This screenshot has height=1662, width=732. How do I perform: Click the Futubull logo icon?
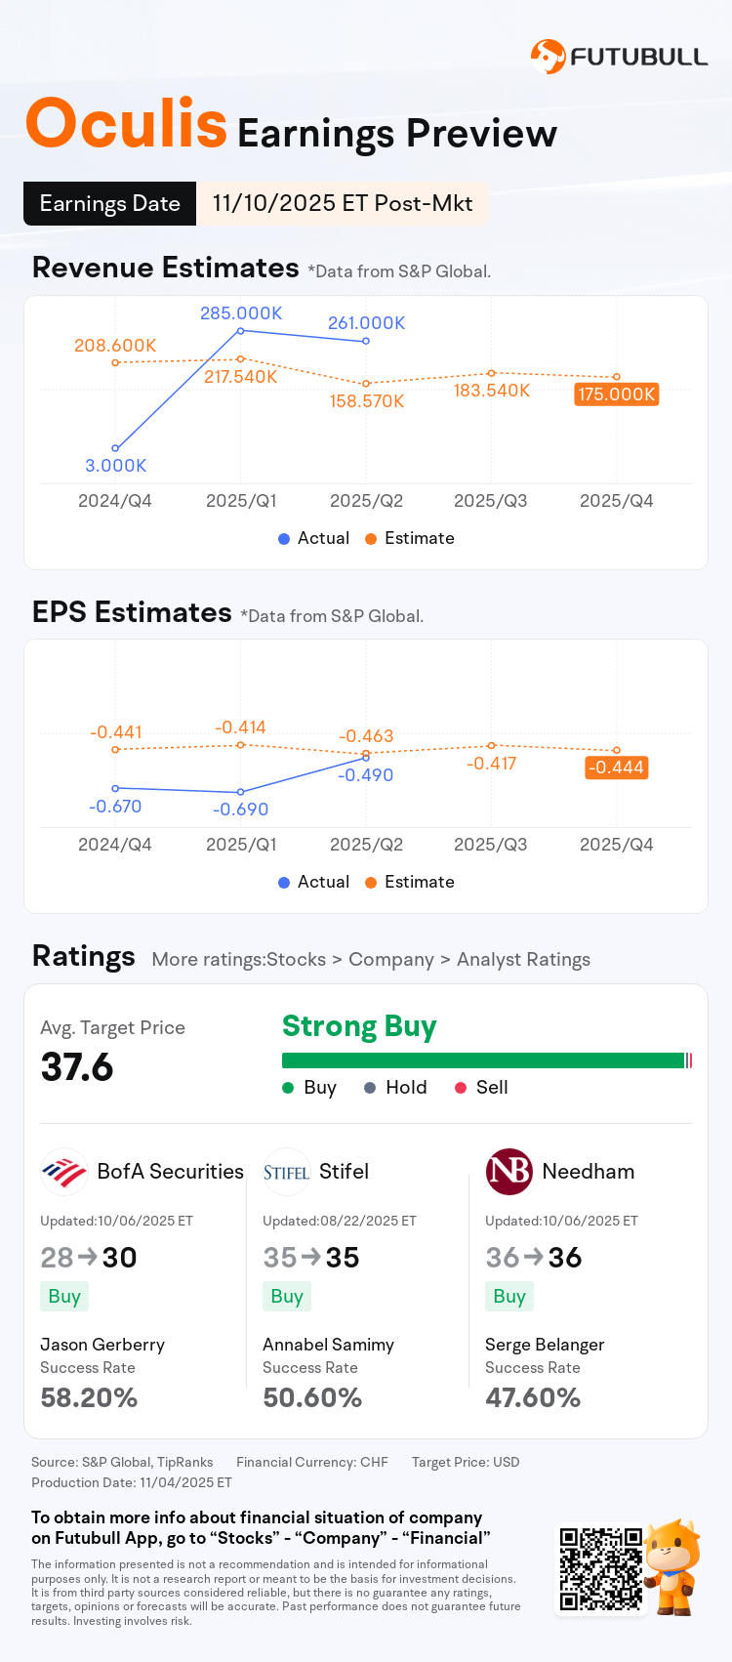(548, 57)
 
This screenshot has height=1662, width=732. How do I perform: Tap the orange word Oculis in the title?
(126, 124)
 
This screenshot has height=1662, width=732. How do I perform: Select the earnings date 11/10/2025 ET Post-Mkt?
(342, 203)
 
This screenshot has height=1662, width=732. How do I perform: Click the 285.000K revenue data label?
(241, 313)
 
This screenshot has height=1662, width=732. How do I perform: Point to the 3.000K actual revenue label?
(115, 466)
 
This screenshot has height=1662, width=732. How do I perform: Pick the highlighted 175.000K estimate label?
(617, 395)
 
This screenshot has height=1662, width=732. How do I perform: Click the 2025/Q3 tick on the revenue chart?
(490, 501)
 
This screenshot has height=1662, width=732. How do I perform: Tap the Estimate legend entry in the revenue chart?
(410, 538)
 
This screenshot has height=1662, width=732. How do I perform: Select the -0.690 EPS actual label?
(241, 810)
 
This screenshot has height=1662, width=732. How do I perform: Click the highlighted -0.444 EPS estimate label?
(617, 768)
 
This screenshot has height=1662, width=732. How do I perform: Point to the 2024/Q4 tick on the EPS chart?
(115, 845)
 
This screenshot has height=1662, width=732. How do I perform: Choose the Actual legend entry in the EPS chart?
(313, 882)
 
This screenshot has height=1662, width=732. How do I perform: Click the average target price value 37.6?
(77, 1067)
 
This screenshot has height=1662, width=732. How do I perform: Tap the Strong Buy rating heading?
(359, 1026)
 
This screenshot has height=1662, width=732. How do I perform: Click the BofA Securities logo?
(64, 1172)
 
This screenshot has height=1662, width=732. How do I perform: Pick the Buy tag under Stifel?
(287, 1297)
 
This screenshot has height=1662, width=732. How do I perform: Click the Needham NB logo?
(508, 1172)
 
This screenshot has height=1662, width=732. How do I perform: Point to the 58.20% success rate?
(89, 1398)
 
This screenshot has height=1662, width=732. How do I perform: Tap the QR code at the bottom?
(600, 1569)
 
